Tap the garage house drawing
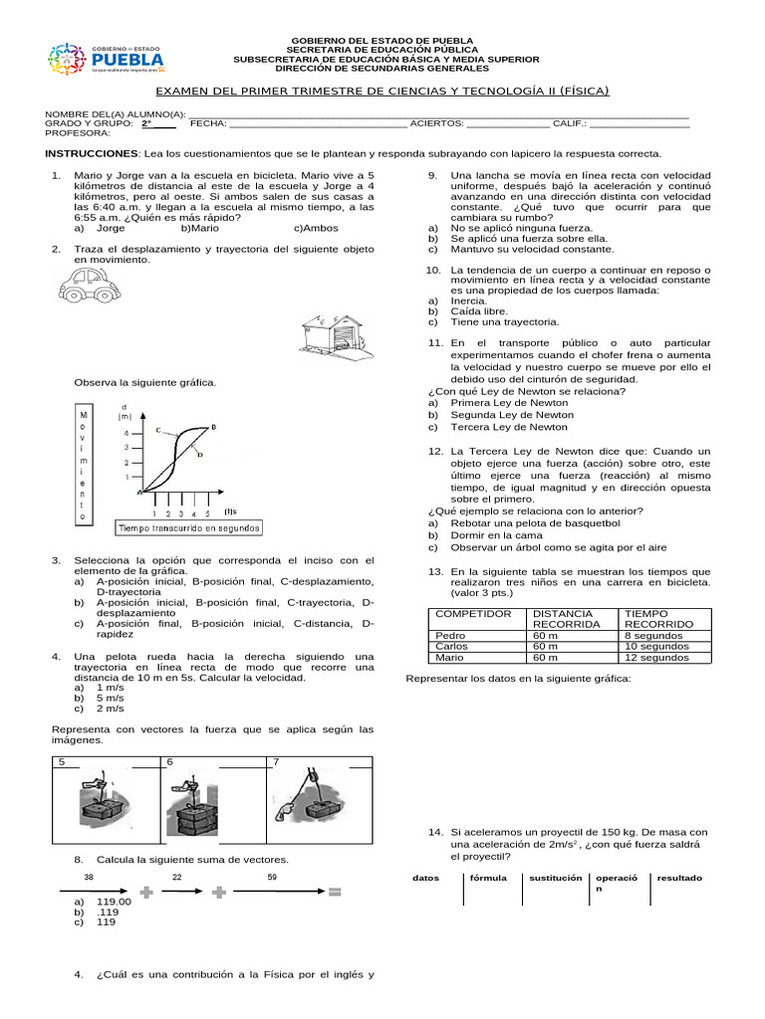click(x=336, y=333)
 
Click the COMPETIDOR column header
click(x=474, y=614)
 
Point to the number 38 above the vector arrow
click(x=89, y=877)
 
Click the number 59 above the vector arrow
click(x=271, y=877)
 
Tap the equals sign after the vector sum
click(x=336, y=893)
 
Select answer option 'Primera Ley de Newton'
click(x=509, y=403)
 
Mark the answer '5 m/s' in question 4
click(x=110, y=698)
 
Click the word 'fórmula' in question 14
click(x=488, y=878)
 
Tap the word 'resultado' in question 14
click(x=678, y=878)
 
